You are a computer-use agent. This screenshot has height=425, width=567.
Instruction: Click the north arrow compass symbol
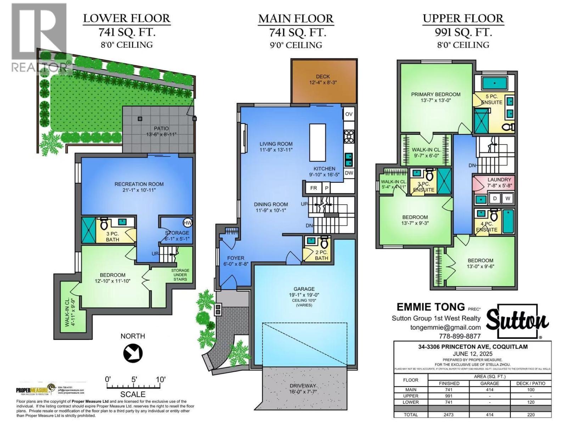(x=133, y=353)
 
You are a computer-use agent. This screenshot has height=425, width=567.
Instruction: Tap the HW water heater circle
(x=188, y=223)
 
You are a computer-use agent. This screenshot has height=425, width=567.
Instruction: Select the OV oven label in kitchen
(x=349, y=114)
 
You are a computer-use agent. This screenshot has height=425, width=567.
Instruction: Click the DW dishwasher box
(x=349, y=173)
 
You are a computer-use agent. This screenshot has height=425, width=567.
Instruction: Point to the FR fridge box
(x=313, y=188)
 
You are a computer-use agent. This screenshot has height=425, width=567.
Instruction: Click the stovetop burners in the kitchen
(x=349, y=137)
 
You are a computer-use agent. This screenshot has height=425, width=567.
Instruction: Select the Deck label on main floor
(x=322, y=76)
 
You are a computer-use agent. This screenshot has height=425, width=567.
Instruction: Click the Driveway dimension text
(x=302, y=391)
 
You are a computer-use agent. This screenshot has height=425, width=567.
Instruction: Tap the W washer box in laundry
(x=507, y=199)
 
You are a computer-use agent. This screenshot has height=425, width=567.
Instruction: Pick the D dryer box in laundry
(x=495, y=199)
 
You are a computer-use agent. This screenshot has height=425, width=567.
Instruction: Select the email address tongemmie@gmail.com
(x=445, y=327)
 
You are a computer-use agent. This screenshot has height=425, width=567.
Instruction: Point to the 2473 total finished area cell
(x=448, y=414)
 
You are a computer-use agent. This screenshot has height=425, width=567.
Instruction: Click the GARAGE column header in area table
(x=489, y=383)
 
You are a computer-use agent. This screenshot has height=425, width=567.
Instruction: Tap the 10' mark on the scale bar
(x=160, y=380)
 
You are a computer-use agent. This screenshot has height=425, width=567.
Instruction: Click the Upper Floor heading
(x=463, y=18)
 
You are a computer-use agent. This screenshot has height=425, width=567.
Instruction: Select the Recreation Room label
(x=139, y=184)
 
